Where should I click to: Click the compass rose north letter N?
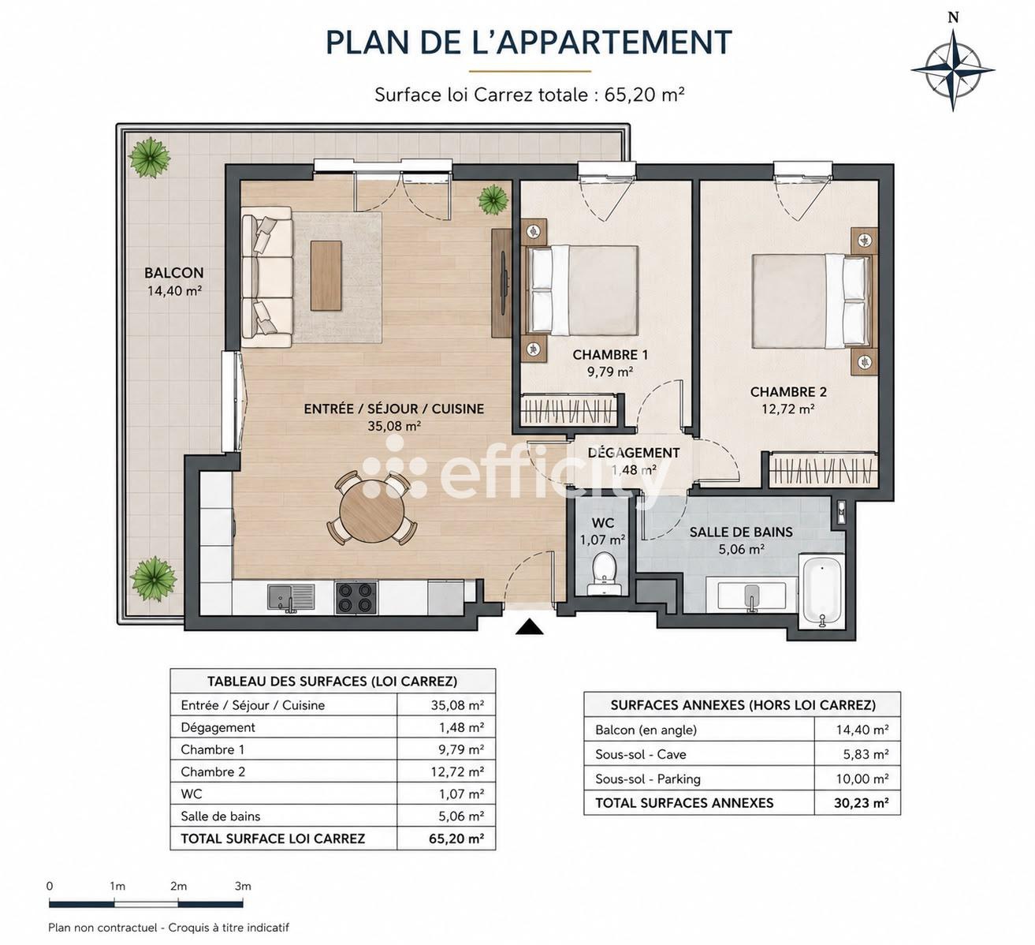tap(953, 18)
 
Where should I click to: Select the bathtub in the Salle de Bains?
tap(822, 592)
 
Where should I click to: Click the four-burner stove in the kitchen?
tap(356, 598)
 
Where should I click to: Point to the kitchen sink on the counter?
tap(291, 598)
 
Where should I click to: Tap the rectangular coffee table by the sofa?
tap(326, 276)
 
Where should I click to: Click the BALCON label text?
tap(174, 273)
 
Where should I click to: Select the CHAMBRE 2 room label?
tap(788, 392)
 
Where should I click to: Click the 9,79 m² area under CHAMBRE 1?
tap(610, 372)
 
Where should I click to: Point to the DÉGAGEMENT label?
tap(634, 452)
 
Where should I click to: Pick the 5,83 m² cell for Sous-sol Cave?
tap(866, 754)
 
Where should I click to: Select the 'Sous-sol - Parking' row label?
tap(647, 779)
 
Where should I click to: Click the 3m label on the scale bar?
tap(243, 886)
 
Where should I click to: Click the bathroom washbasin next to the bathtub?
tap(752, 596)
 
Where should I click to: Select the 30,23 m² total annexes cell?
tap(861, 803)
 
